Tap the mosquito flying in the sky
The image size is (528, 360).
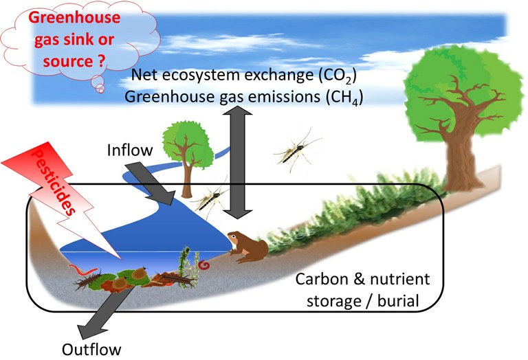click(297, 148)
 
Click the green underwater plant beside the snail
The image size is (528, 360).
click(184, 264)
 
